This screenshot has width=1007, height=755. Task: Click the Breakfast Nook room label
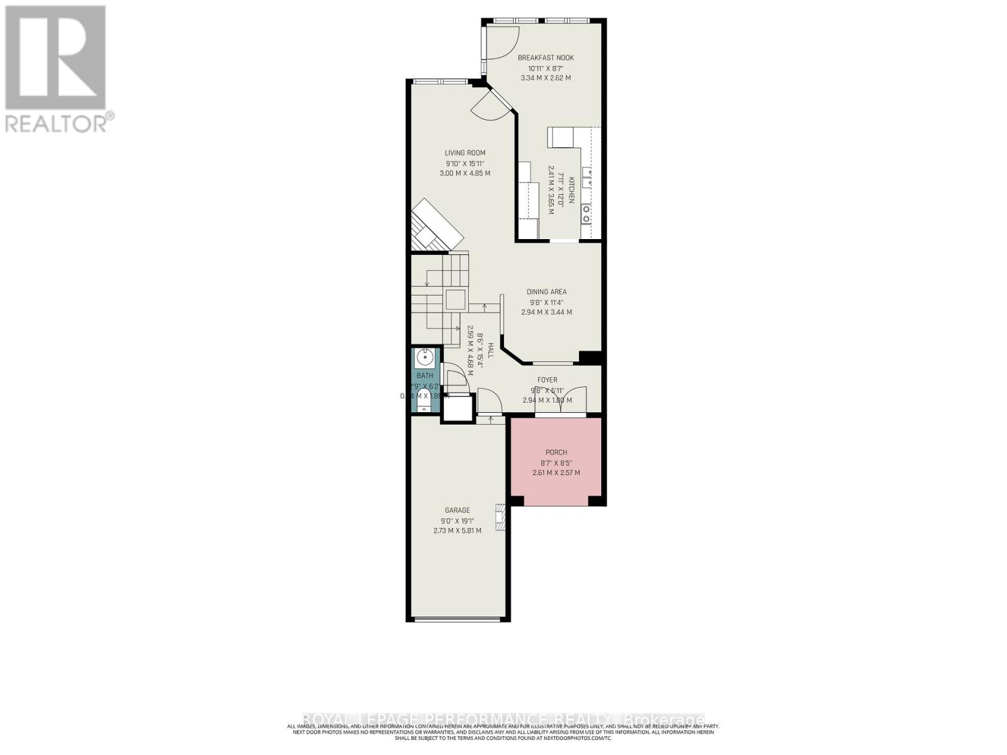pyautogui.click(x=546, y=58)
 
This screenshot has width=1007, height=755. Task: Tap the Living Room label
pyautogui.click(x=465, y=153)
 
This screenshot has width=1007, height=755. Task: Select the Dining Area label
pyautogui.click(x=546, y=292)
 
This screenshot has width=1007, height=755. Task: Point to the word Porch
pyautogui.click(x=556, y=452)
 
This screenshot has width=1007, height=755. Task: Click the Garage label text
pyautogui.click(x=457, y=510)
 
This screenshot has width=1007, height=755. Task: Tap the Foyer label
pyautogui.click(x=547, y=380)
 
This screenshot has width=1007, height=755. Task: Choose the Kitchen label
pyautogui.click(x=572, y=189)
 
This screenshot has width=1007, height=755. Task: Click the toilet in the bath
pyautogui.click(x=424, y=408)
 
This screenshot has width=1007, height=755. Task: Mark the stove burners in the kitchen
pyautogui.click(x=587, y=214)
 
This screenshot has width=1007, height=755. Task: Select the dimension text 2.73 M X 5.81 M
pyautogui.click(x=457, y=531)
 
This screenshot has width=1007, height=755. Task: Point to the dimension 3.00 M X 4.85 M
pyautogui.click(x=465, y=173)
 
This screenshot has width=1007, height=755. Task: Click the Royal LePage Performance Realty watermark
pyautogui.click(x=503, y=719)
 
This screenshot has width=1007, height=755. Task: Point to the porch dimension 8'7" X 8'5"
pyautogui.click(x=556, y=462)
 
